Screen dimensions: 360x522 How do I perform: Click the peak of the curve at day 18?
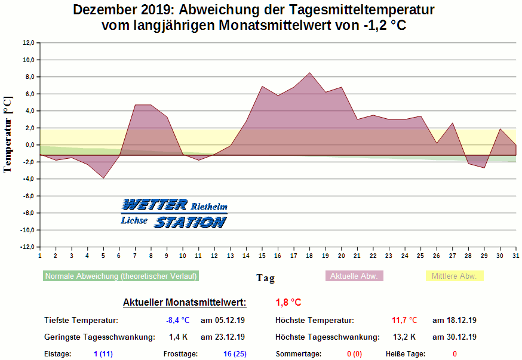(309, 73)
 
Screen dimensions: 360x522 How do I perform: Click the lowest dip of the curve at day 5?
(103, 178)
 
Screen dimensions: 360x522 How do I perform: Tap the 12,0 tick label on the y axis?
(29, 43)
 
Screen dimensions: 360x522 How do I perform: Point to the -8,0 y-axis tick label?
(28, 213)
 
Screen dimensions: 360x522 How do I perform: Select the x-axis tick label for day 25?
(420, 256)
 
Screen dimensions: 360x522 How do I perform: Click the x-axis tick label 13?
(230, 256)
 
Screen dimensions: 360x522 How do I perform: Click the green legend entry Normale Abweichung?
(121, 276)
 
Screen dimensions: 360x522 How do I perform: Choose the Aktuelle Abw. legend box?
(354, 276)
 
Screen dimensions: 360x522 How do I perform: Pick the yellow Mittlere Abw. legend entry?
(454, 276)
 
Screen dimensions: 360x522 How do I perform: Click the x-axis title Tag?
(266, 278)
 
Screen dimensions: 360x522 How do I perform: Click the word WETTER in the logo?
(155, 205)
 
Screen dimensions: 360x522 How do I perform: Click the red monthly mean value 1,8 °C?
(288, 302)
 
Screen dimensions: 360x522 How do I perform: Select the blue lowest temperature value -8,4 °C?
(177, 320)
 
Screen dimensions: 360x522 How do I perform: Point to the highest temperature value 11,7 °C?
(404, 320)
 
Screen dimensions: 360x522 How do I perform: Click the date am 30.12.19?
(454, 337)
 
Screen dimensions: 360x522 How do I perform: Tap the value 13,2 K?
(404, 337)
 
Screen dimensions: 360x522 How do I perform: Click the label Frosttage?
(180, 354)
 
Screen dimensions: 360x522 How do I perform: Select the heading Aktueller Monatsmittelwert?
(184, 302)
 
